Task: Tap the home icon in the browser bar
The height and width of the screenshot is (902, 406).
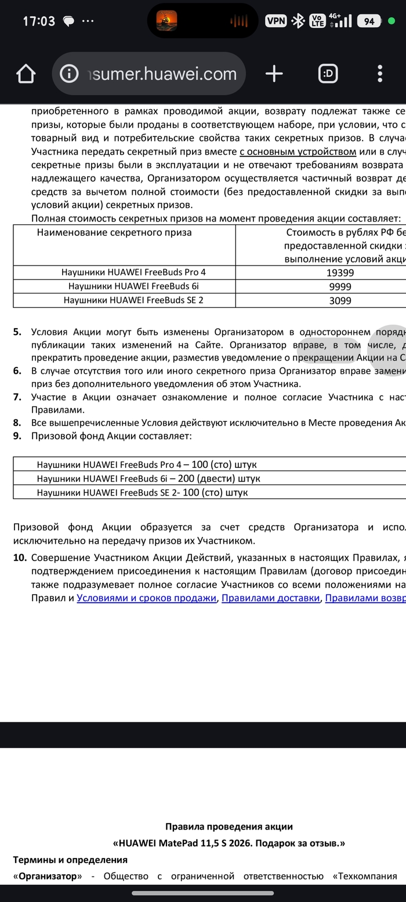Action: click(26, 74)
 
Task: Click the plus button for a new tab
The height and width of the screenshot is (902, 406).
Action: click(274, 73)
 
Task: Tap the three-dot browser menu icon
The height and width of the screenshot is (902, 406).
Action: click(380, 73)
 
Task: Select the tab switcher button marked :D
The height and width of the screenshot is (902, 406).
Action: click(328, 73)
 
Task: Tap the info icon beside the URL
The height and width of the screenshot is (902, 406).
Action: click(69, 74)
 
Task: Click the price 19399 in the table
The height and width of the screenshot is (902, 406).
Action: click(340, 272)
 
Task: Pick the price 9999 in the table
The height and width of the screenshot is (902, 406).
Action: click(340, 286)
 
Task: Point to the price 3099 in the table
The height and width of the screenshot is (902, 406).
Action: click(340, 300)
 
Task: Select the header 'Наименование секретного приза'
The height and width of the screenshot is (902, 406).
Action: click(114, 232)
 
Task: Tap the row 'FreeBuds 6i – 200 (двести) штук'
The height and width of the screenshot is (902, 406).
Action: click(148, 478)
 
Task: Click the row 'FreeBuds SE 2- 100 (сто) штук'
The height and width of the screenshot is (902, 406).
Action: click(142, 492)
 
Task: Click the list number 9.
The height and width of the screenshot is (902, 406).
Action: click(17, 435)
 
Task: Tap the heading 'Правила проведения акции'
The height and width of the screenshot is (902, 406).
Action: click(229, 827)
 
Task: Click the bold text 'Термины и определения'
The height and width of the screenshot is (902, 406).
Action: click(70, 859)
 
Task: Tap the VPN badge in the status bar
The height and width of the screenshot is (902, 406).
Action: click(276, 21)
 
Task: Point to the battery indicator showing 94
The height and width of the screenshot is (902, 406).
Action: click(369, 21)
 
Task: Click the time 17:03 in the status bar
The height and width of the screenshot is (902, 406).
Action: click(39, 21)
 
